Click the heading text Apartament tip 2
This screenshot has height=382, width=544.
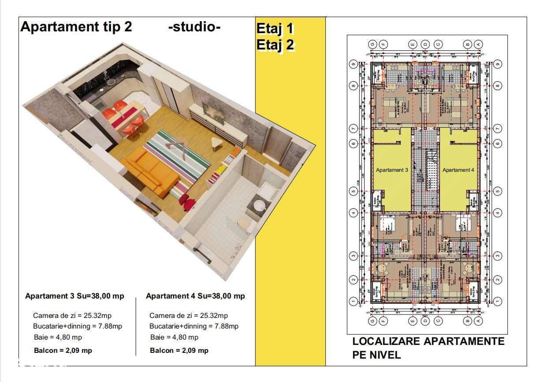pyautogui.click(x=76, y=27)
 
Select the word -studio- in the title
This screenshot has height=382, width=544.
pyautogui.click(x=194, y=27)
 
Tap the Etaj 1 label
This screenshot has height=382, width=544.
pyautogui.click(x=275, y=29)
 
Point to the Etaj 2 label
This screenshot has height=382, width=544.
pyautogui.click(x=275, y=45)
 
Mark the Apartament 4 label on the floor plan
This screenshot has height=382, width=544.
pyautogui.click(x=458, y=170)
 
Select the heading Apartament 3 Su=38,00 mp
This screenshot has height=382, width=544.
pyautogui.click(x=75, y=296)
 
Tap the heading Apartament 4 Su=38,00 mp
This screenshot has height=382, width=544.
pyautogui.click(x=195, y=296)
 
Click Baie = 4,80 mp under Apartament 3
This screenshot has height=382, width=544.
pyautogui.click(x=57, y=337)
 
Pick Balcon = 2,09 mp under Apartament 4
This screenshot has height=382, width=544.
pyautogui.click(x=179, y=351)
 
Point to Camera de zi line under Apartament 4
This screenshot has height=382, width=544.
pyautogui.click(x=189, y=316)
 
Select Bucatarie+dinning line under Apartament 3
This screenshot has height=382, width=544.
pyautogui.click(x=77, y=326)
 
